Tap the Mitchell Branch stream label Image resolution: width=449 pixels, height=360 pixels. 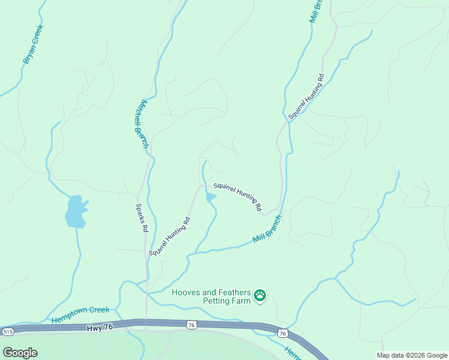click(x=141, y=124)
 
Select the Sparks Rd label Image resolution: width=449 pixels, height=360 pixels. click(x=141, y=218)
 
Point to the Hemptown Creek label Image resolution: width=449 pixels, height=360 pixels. click(x=80, y=314)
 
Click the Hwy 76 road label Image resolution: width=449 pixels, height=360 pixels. click(x=100, y=328)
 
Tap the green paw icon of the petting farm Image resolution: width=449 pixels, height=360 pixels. click(x=260, y=296)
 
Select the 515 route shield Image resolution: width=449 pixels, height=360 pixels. click(x=8, y=331)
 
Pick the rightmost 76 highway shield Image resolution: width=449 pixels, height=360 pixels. click(x=282, y=332)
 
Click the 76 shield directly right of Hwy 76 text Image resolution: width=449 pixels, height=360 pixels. click(x=191, y=325)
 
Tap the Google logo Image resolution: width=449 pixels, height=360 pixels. click(x=20, y=352)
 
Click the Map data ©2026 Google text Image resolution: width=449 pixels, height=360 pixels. click(x=411, y=355)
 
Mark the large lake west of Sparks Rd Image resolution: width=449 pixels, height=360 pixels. click(x=76, y=211)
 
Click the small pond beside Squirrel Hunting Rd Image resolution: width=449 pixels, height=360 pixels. click(x=211, y=197)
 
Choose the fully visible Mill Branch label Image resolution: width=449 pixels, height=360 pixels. click(x=267, y=229)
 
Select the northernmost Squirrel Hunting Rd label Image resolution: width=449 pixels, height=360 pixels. click(x=306, y=97)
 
